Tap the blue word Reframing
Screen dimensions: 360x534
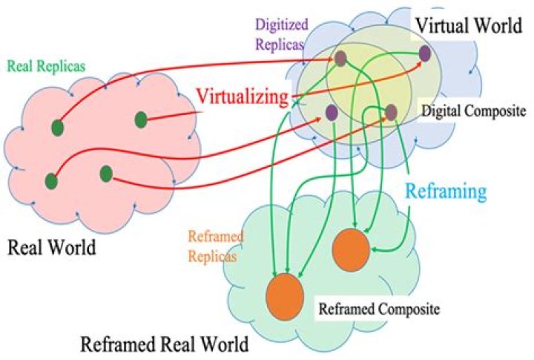tap(446, 191)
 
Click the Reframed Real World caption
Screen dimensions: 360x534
tap(164, 344)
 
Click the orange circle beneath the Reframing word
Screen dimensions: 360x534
tap(351, 249)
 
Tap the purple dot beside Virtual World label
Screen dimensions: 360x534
tap(425, 53)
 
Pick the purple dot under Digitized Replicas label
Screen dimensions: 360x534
tap(340, 59)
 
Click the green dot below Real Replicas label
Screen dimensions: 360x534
tap(58, 128)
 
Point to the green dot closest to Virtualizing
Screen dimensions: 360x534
tap(141, 119)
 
